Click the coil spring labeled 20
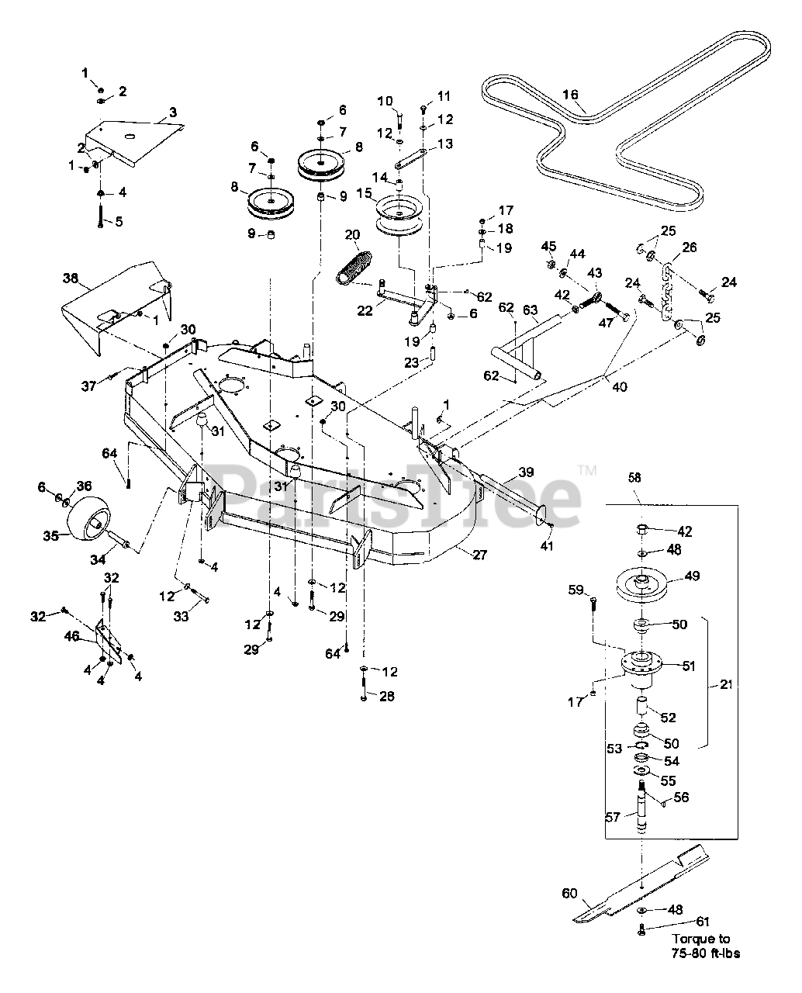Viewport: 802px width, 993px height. pyautogui.click(x=354, y=268)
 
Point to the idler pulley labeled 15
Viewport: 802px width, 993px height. pyautogui.click(x=399, y=216)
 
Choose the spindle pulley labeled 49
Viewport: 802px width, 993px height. pyautogui.click(x=641, y=586)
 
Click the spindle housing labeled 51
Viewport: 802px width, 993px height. pyautogui.click(x=641, y=666)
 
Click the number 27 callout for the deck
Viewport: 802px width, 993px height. pyautogui.click(x=480, y=555)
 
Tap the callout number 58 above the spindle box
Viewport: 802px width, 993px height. pyautogui.click(x=634, y=477)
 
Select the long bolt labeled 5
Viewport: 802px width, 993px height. pyautogui.click(x=101, y=216)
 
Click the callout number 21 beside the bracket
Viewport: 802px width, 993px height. pyautogui.click(x=726, y=684)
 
